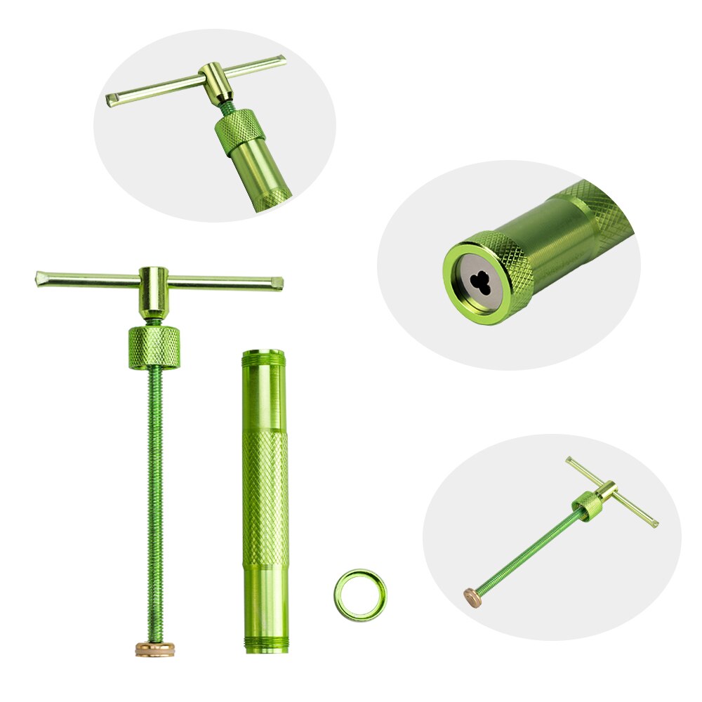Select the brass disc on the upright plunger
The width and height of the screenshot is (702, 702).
coord(155,648)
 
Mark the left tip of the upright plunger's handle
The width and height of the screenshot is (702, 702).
coord(40,278)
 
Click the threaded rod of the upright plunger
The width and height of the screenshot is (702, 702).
coord(156,491)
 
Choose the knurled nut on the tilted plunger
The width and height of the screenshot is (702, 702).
coord(586,504)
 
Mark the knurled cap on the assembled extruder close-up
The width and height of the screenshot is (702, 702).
coord(239,132)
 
